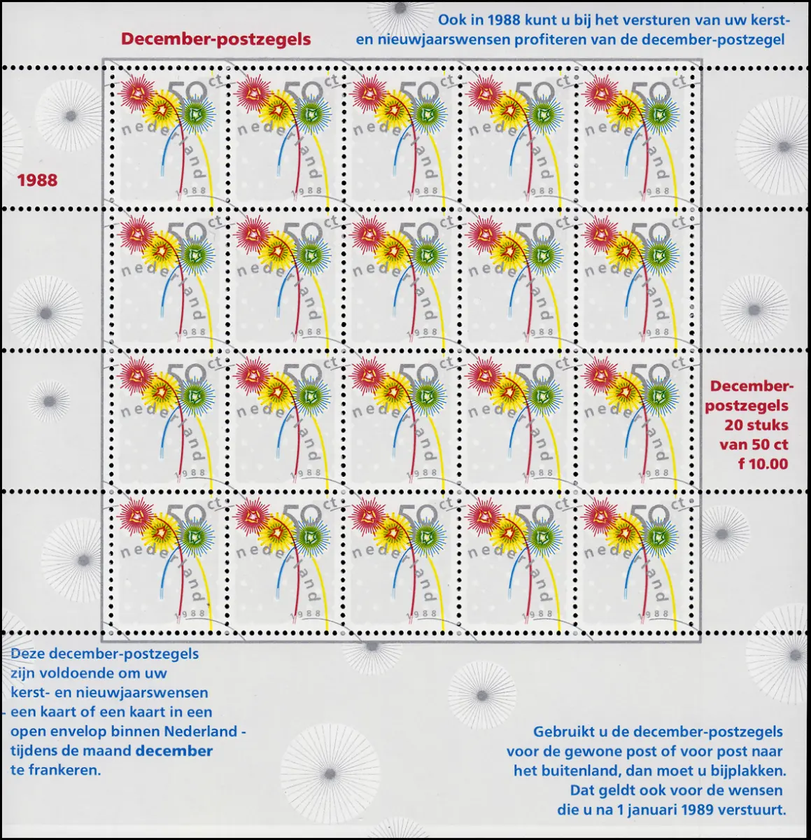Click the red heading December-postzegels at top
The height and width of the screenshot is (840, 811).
pos(216,39)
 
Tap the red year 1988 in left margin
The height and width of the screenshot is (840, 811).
pos(38,180)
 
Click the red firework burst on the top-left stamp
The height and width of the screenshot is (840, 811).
pos(134,93)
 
